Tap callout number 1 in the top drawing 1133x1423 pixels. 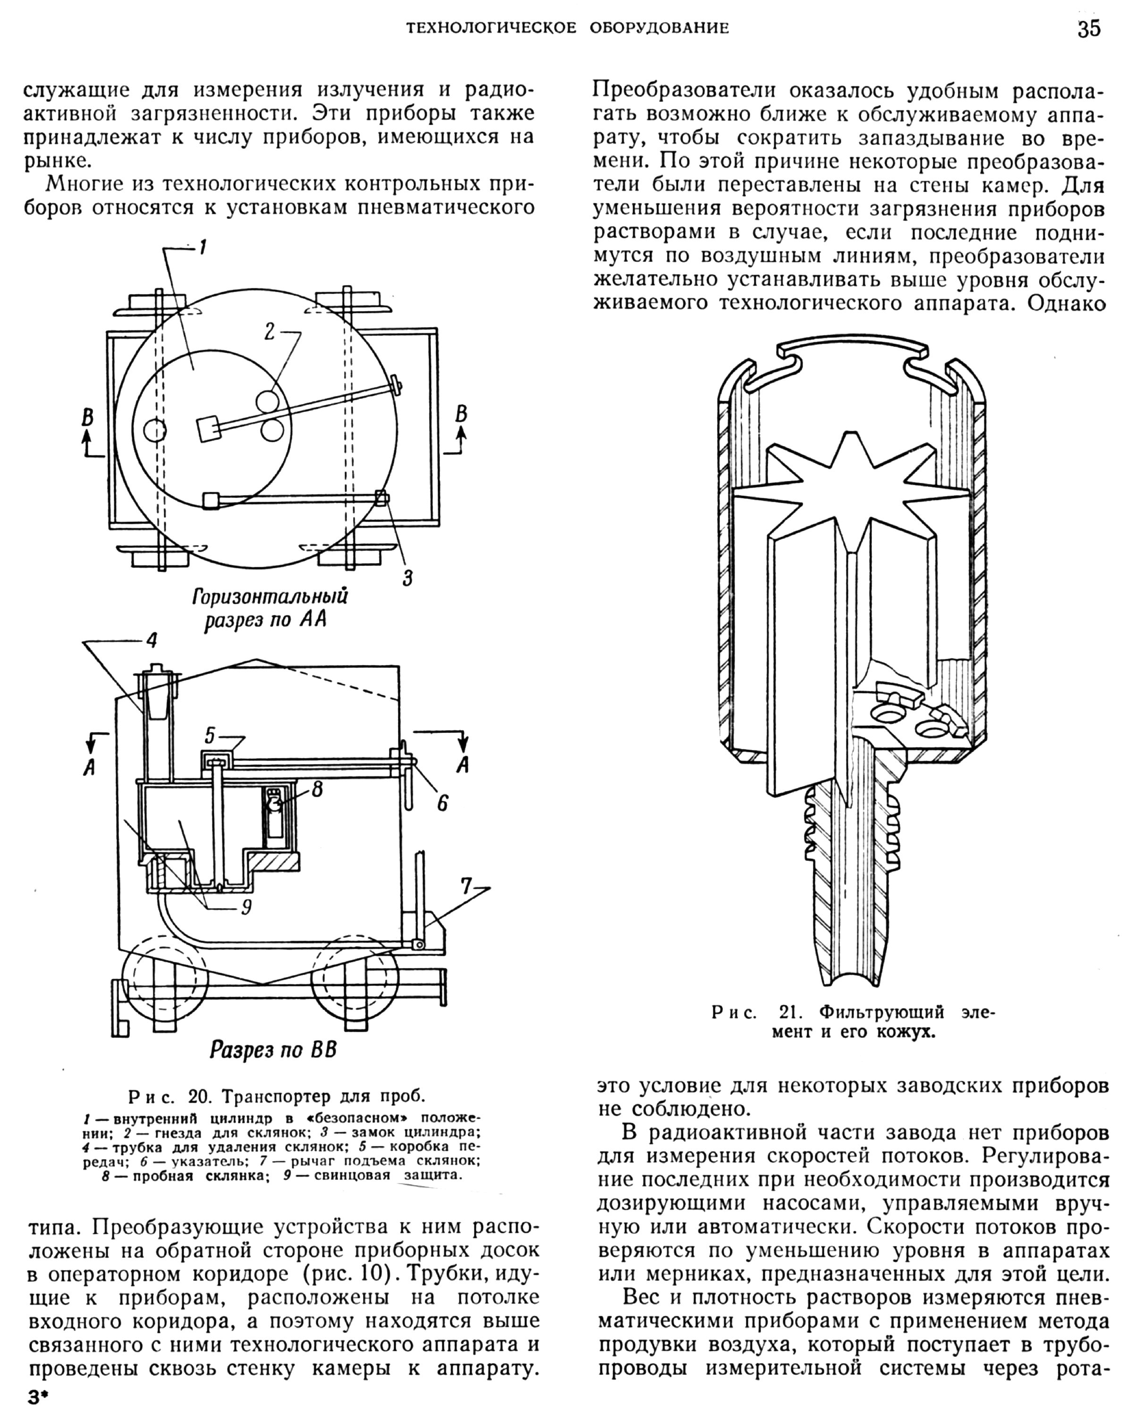click(203, 248)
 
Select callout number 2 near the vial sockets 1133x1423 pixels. click(270, 331)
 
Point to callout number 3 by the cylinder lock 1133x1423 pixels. click(407, 578)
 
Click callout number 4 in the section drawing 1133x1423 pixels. click(152, 640)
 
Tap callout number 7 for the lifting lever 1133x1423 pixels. click(466, 887)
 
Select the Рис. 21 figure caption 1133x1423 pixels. click(852, 1021)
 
